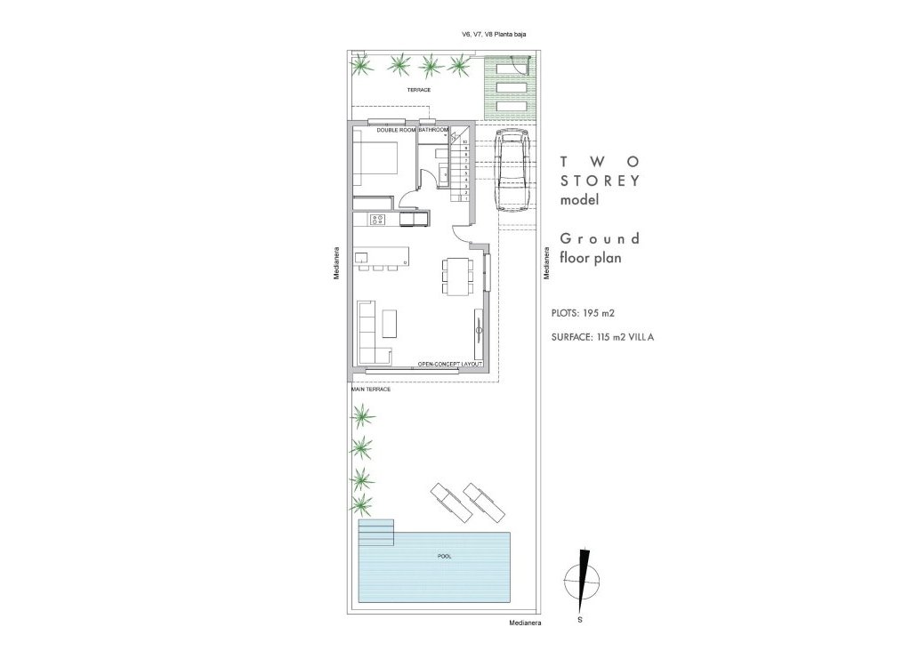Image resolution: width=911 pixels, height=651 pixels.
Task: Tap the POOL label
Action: point(445,557)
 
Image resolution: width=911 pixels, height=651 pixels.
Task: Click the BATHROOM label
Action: point(433,130)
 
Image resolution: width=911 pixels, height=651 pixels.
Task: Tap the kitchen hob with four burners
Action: point(377,219)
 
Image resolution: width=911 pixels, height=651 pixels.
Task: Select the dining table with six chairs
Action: point(457,276)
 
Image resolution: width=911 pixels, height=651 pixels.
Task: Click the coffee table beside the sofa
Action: point(391,322)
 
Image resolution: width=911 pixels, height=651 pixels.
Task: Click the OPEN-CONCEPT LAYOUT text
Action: point(449,365)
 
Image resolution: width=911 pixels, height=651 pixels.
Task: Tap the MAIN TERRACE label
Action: point(371,389)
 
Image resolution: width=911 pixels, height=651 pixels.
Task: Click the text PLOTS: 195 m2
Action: point(584,313)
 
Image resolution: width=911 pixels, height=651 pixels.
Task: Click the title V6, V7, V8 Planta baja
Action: point(495,35)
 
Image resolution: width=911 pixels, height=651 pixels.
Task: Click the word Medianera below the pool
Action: point(525,625)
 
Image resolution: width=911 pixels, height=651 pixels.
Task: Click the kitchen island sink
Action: point(362,257)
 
